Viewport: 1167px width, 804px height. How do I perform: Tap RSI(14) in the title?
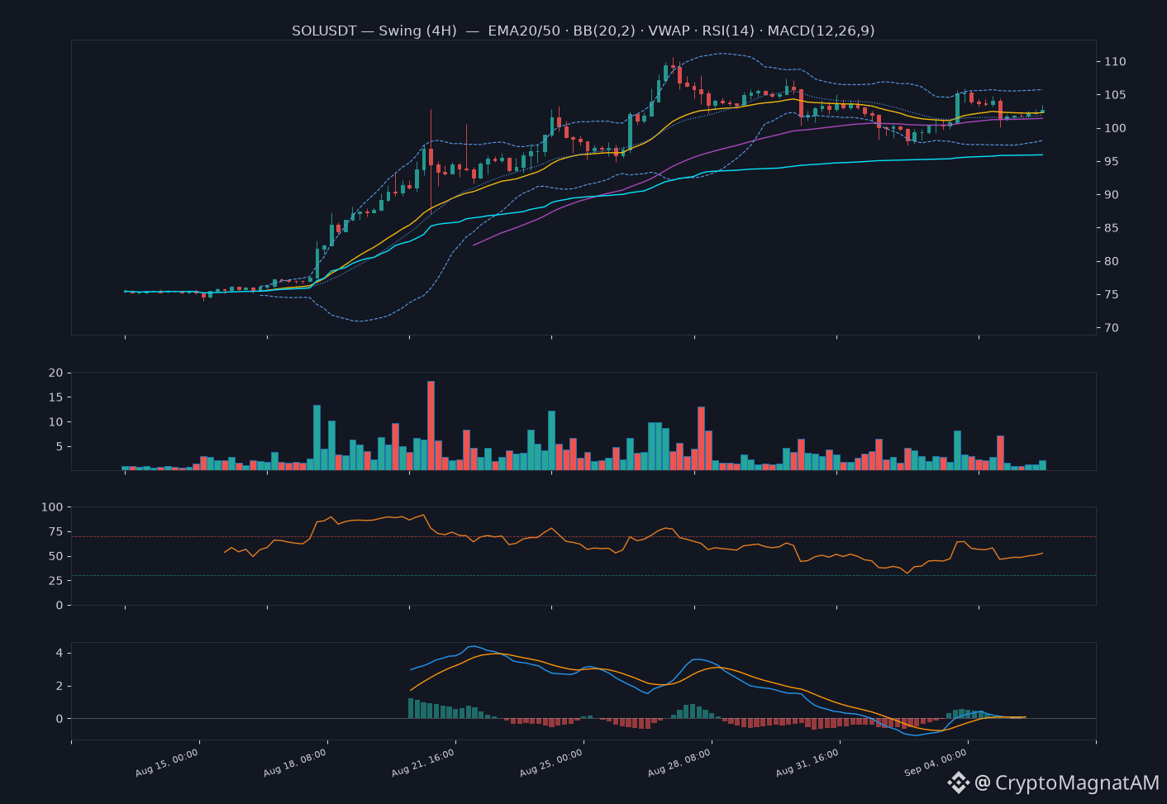pyautogui.click(x=728, y=31)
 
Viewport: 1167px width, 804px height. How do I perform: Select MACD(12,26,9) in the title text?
pyautogui.click(x=821, y=31)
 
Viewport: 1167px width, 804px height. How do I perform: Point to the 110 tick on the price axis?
pyautogui.click(x=1115, y=61)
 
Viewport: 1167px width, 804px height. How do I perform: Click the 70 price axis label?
pyautogui.click(x=1112, y=327)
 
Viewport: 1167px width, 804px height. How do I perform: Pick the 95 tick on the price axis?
pyautogui.click(x=1112, y=161)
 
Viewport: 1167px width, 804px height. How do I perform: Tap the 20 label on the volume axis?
pyautogui.click(x=55, y=373)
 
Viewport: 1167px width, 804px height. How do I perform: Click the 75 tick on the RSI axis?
pyautogui.click(x=55, y=531)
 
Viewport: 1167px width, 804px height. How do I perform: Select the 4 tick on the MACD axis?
pyautogui.click(x=60, y=653)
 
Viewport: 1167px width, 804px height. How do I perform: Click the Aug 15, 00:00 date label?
pyautogui.click(x=167, y=763)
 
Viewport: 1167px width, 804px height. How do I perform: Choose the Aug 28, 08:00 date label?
pyautogui.click(x=679, y=763)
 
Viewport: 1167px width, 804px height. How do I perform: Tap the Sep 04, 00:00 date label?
pyautogui.click(x=935, y=763)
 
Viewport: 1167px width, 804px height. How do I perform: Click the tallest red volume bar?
pyautogui.click(x=431, y=426)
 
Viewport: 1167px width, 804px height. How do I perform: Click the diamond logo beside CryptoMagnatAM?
pyautogui.click(x=958, y=783)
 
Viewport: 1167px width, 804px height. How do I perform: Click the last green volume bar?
pyautogui.click(x=1042, y=465)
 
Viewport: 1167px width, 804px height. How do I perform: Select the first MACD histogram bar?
pyautogui.click(x=411, y=708)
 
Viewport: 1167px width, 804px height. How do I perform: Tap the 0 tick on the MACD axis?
pyautogui.click(x=60, y=719)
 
